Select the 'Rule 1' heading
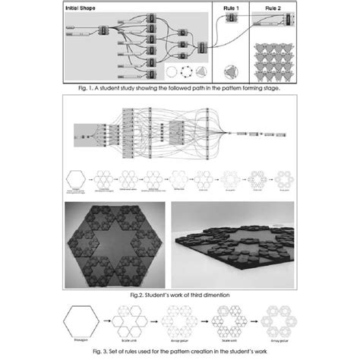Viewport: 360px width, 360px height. [x=231, y=8]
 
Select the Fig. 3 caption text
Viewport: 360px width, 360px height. [x=180, y=351]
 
